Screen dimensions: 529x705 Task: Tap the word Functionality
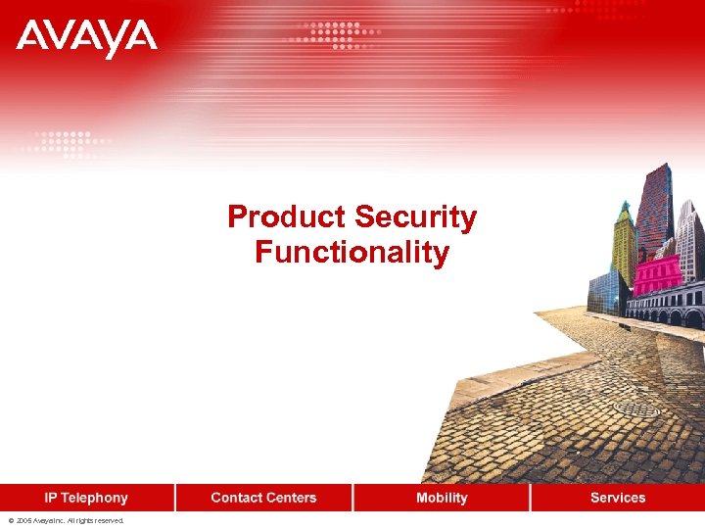click(x=352, y=253)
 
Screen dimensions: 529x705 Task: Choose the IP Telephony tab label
click(x=86, y=498)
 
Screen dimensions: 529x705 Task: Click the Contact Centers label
click(x=263, y=498)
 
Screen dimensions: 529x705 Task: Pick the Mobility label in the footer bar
click(x=442, y=498)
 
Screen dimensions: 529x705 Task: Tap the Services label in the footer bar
click(x=618, y=498)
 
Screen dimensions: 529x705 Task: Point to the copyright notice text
click(x=66, y=521)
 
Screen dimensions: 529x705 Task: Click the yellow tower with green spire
click(x=624, y=250)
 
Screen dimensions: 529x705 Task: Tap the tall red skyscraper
click(x=654, y=211)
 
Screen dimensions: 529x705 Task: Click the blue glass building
click(x=603, y=291)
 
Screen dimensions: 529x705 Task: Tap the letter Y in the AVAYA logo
click(x=113, y=39)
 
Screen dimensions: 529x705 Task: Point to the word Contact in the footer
click(x=235, y=498)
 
